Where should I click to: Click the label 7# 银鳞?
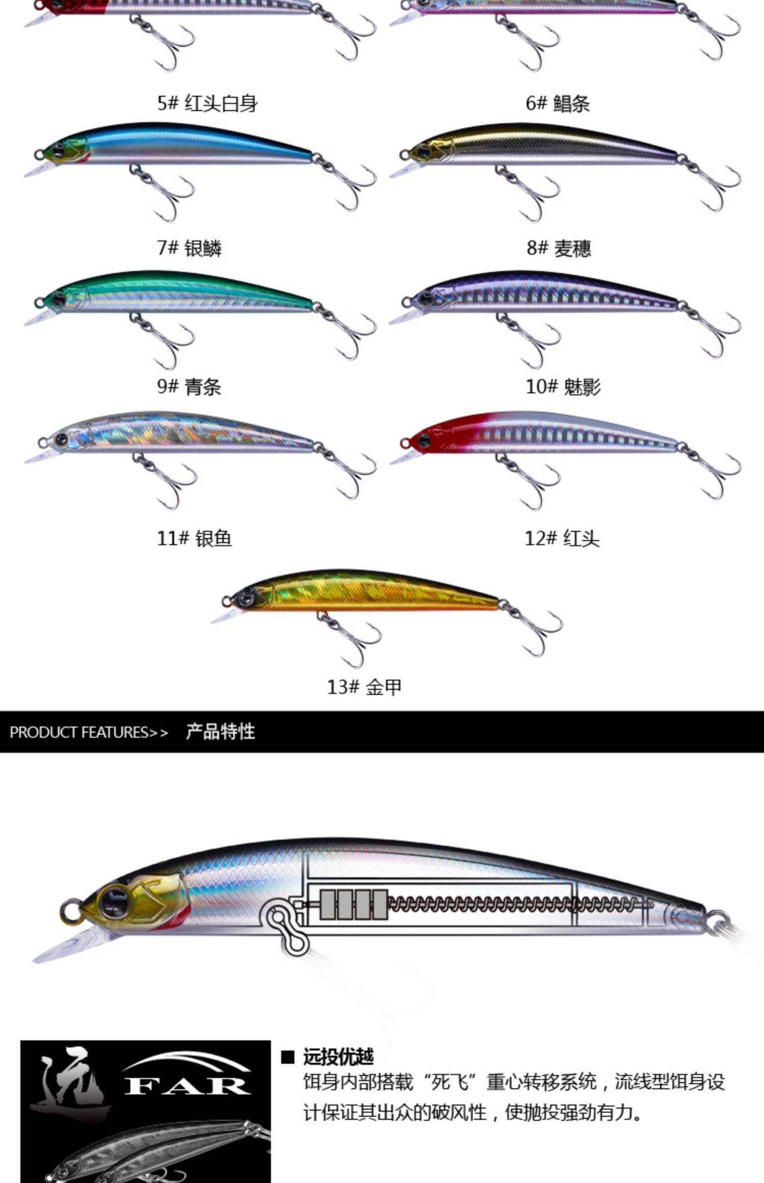189,248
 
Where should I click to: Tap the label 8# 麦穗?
559,248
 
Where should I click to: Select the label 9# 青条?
189,387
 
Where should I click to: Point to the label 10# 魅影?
563,387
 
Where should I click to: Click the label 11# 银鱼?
194,538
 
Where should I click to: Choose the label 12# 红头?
562,538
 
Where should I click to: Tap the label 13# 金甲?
364,687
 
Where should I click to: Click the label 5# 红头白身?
207,103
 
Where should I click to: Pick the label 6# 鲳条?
558,103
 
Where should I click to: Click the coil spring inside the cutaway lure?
514,905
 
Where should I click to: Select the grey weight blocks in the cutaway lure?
353,905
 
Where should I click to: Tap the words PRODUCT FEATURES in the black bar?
79,732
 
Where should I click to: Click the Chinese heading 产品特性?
220,732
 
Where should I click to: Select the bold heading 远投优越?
338,1057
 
